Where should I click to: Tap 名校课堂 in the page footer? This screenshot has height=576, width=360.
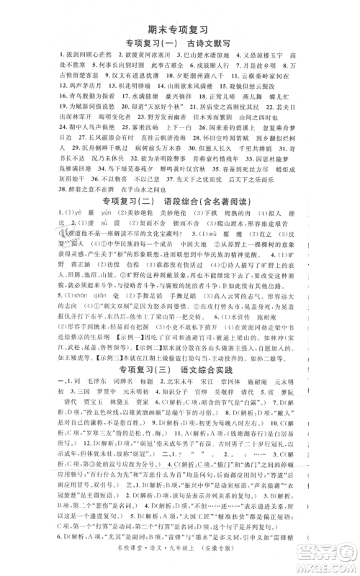click(159, 560)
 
